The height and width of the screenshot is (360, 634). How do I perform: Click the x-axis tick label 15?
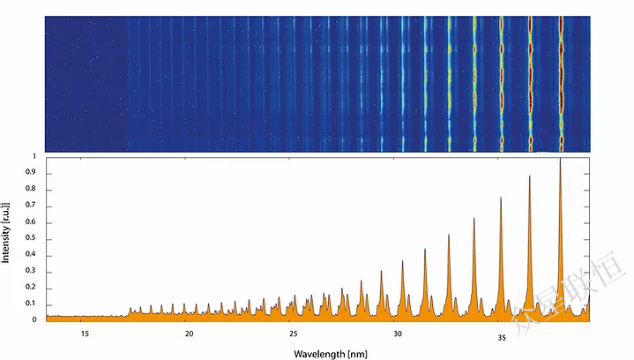(x=86, y=335)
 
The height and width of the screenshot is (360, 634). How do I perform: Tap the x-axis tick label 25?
(x=294, y=335)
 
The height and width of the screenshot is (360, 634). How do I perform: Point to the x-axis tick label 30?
(x=398, y=335)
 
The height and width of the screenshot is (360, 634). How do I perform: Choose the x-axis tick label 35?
(x=502, y=335)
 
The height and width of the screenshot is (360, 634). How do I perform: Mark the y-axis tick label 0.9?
(x=32, y=174)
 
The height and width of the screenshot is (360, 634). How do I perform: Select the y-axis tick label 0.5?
(x=32, y=239)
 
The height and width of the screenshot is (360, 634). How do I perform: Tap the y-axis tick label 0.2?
(x=32, y=288)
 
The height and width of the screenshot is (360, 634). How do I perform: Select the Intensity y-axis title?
(x=7, y=232)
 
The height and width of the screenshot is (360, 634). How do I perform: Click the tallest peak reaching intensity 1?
(x=560, y=161)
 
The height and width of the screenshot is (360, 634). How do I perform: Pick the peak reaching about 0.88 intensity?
(x=530, y=178)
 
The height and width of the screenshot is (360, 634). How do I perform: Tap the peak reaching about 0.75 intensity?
(x=501, y=199)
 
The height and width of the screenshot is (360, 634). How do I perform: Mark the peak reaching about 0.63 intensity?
(x=474, y=220)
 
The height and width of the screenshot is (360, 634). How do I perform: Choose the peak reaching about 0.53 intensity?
(x=449, y=236)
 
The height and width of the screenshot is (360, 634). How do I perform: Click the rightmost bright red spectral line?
(x=562, y=84)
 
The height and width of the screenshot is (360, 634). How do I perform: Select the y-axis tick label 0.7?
(x=32, y=206)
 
